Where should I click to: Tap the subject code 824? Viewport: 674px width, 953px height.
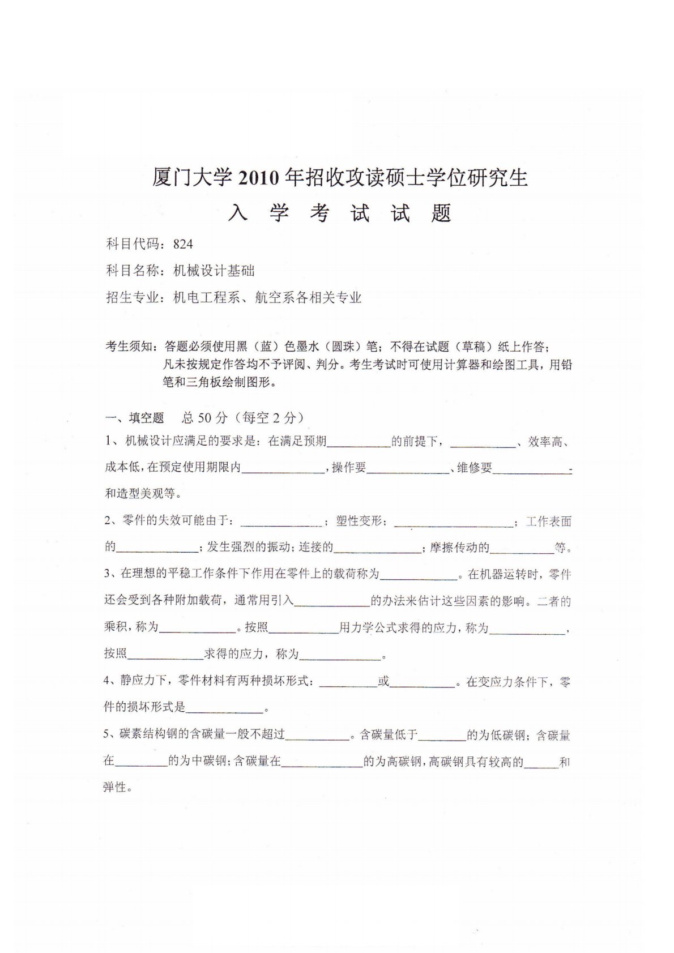pos(184,244)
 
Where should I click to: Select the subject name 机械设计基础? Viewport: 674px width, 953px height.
pos(214,271)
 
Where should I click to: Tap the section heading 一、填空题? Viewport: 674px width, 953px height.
pos(135,418)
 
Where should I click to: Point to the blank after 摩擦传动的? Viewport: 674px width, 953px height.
pos(522,548)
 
